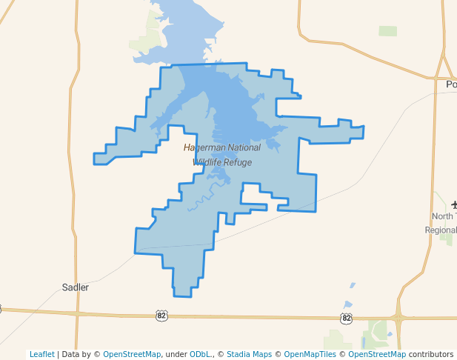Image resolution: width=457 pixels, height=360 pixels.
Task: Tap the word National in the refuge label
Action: point(241,148)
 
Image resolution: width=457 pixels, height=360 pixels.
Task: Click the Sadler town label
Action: point(75,287)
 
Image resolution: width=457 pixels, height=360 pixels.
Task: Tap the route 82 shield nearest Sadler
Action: point(161,316)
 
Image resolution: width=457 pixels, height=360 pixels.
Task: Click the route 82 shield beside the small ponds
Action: point(346,318)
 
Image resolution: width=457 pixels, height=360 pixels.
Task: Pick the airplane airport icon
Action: point(454,204)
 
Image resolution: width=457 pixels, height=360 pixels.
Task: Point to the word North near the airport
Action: point(443,216)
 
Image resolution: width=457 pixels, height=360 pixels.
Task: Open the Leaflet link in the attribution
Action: point(42,354)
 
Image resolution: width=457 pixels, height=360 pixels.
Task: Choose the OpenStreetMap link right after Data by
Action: point(132,354)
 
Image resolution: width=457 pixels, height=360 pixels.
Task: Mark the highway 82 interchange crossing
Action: point(399,319)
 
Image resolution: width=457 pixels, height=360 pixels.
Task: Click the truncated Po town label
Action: point(451,84)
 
